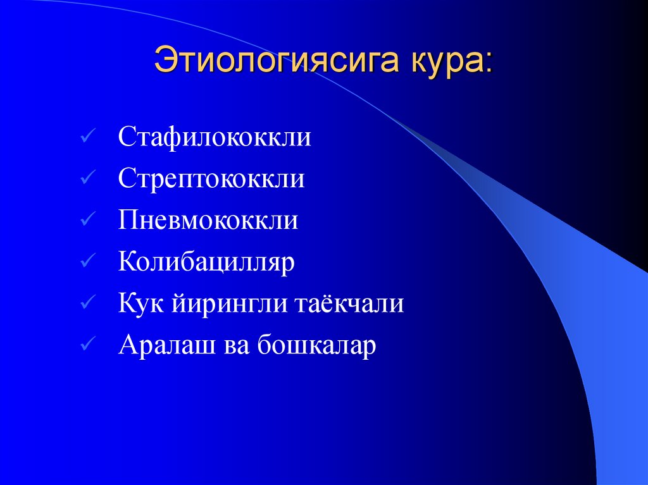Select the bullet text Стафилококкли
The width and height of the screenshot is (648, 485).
(x=214, y=137)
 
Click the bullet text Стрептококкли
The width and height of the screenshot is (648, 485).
(x=211, y=179)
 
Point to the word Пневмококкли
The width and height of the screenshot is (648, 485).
(x=208, y=221)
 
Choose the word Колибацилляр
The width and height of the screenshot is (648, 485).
(x=206, y=262)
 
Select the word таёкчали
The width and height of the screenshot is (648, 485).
(x=349, y=304)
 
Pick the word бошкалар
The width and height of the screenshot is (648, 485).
(x=317, y=346)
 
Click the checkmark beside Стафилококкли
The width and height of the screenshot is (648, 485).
(x=88, y=137)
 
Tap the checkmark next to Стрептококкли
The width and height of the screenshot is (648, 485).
(x=88, y=179)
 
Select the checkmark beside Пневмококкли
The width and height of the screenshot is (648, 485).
(x=88, y=221)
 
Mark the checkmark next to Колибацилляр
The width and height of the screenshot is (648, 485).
(x=88, y=262)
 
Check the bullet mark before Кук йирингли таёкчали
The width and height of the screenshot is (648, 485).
(x=88, y=304)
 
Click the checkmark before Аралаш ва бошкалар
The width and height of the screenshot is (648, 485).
(x=88, y=346)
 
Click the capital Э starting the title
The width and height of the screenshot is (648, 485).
(x=165, y=63)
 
